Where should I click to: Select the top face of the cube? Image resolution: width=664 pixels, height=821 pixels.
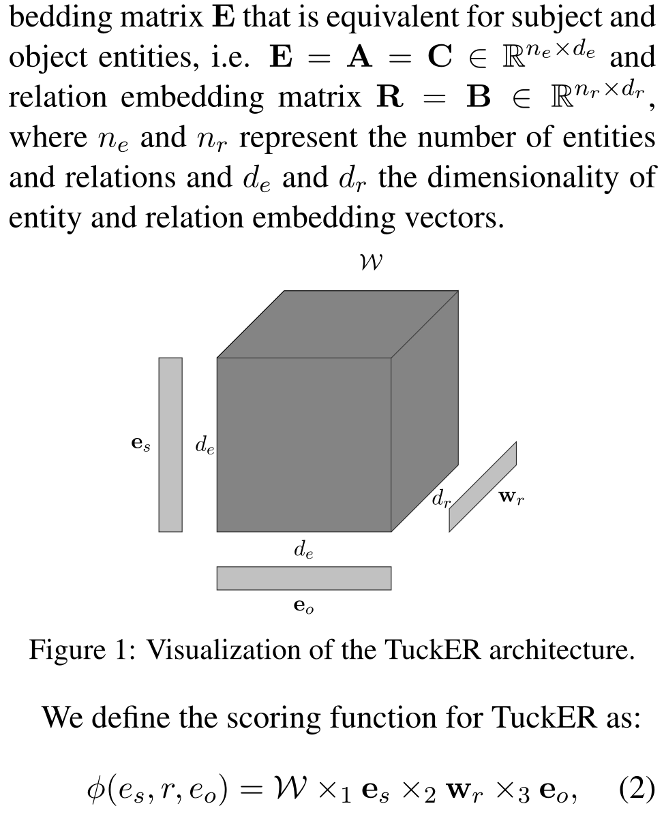[x=337, y=324]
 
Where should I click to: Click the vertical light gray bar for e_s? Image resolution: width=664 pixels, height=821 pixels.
[x=170, y=444]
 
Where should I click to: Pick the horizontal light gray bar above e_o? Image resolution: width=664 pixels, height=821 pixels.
[x=303, y=578]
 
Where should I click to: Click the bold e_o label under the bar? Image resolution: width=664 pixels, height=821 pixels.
[x=304, y=606]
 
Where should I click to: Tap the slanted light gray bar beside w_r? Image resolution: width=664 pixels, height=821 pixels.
[x=482, y=486]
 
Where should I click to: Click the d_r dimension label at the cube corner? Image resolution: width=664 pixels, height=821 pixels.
[x=442, y=499]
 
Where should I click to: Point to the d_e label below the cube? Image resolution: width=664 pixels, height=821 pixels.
[x=303, y=550]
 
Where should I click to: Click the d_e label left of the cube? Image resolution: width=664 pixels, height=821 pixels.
[x=205, y=445]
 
